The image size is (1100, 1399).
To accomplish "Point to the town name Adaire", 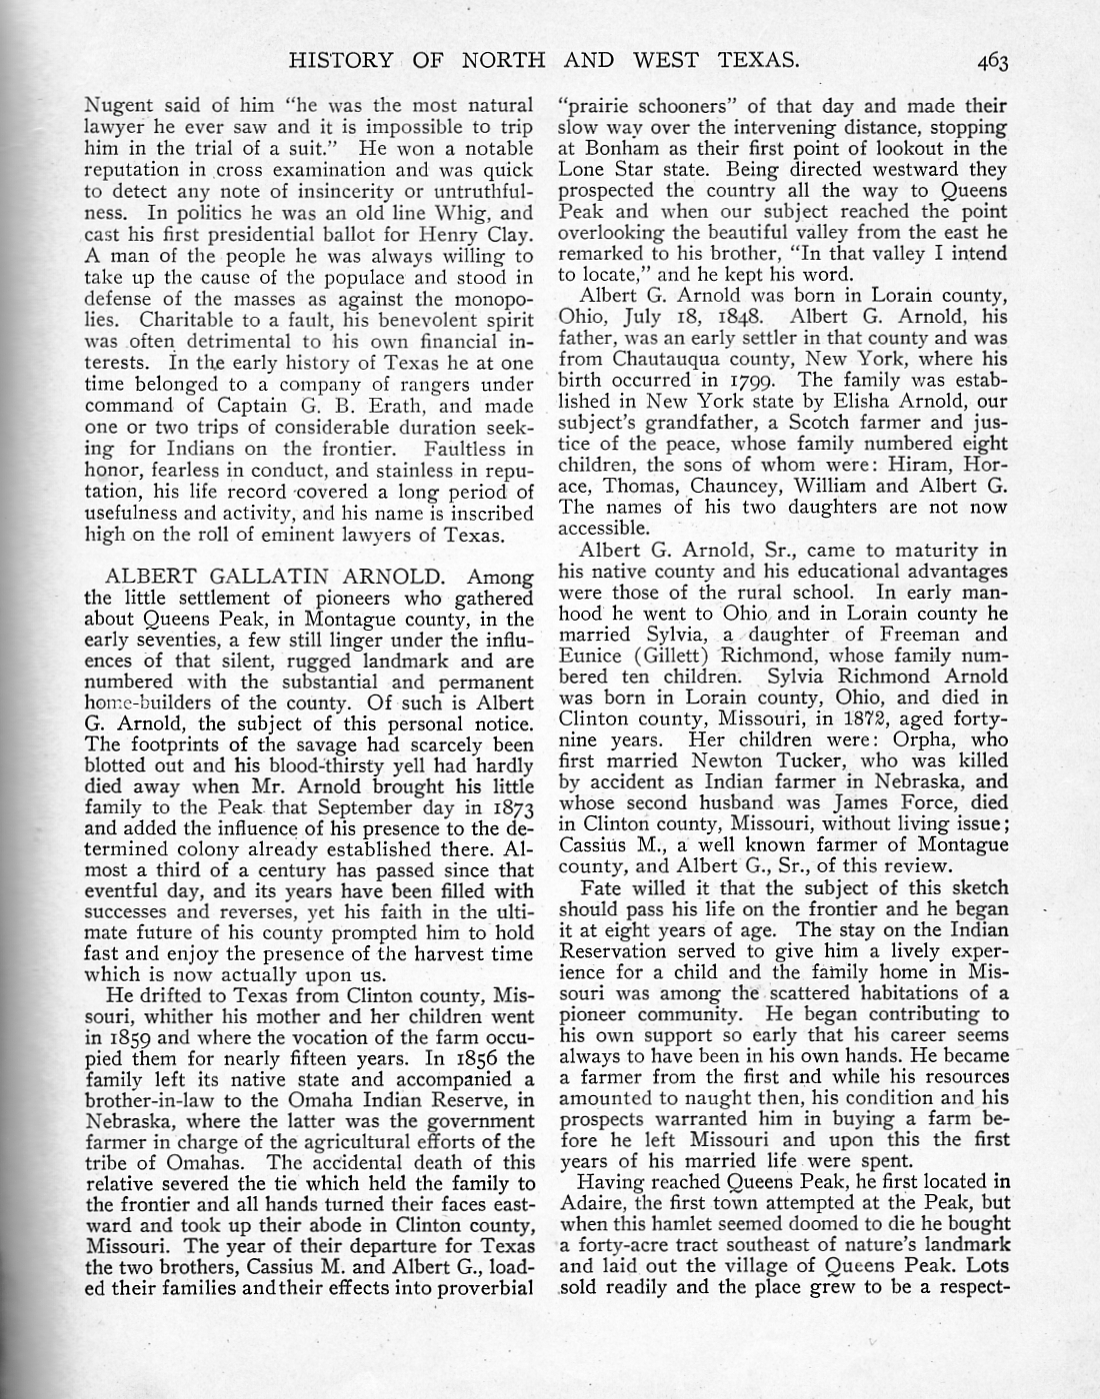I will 595,1203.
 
